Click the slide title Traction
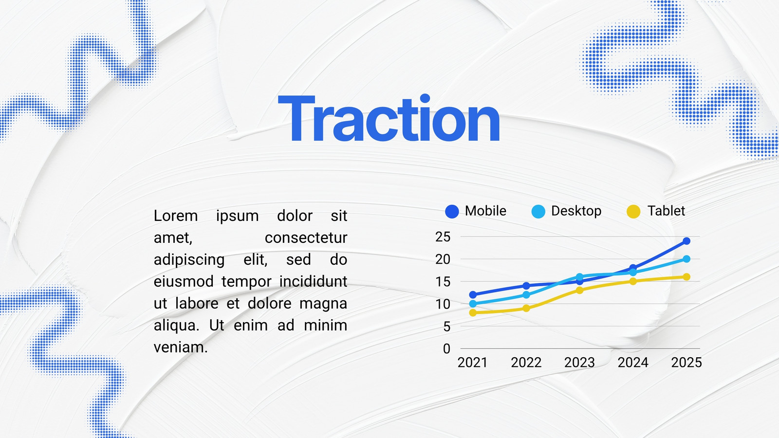coord(389,118)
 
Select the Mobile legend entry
coord(476,211)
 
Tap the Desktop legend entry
coord(567,211)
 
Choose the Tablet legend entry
coord(655,211)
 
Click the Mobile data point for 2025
coord(686,241)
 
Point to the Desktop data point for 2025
coord(686,259)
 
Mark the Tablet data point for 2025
coord(686,277)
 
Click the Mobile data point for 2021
coord(473,295)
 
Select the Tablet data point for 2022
coord(526,309)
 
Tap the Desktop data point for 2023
coord(579,277)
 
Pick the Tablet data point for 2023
coord(579,290)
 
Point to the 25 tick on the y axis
coord(443,237)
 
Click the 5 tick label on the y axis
coord(447,327)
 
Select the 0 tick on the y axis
coord(447,348)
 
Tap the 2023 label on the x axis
coord(579,363)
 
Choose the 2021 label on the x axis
coord(472,363)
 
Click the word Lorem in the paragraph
coord(176,216)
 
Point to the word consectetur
coord(306,238)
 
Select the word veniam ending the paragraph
coord(181,347)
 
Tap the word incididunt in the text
coord(314,282)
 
